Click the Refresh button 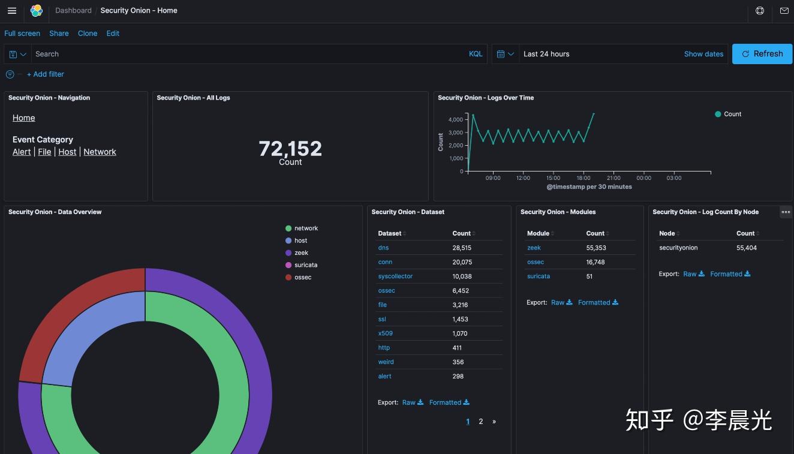click(x=762, y=54)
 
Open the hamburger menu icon click(x=12, y=11)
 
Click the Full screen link click(x=22, y=34)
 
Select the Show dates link click(x=703, y=54)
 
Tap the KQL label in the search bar click(x=476, y=54)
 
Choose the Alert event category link click(x=22, y=152)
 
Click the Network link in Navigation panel click(x=100, y=152)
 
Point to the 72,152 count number click(x=290, y=149)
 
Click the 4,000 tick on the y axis click(x=456, y=120)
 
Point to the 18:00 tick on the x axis click(x=583, y=178)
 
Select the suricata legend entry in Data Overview click(x=305, y=265)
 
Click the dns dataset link click(x=383, y=248)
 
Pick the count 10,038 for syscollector click(x=462, y=276)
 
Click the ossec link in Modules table click(x=536, y=262)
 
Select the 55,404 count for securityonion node click(x=747, y=248)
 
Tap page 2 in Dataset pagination click(x=480, y=422)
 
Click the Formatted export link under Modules click(x=597, y=303)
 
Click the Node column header click(x=667, y=233)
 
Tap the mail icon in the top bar click(x=784, y=11)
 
